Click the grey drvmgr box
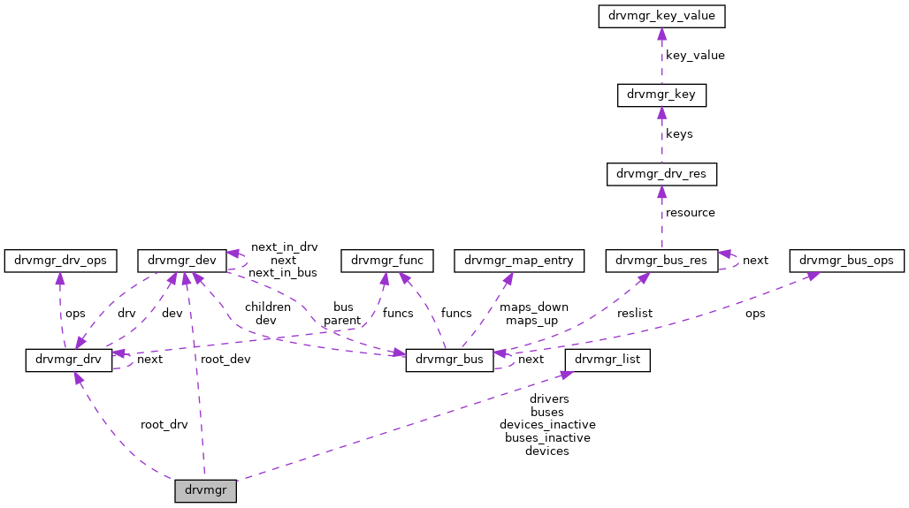pyautogui.click(x=205, y=491)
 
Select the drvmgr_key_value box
pyautogui.click(x=662, y=16)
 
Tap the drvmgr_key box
pyautogui.click(x=661, y=95)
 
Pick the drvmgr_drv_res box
pyautogui.click(x=661, y=174)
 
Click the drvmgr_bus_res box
pyautogui.click(x=661, y=261)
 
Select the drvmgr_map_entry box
pyautogui.click(x=519, y=261)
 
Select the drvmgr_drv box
pyautogui.click(x=68, y=360)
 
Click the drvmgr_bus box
pyautogui.click(x=449, y=360)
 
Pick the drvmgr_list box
pyautogui.click(x=608, y=360)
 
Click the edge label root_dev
pyautogui.click(x=225, y=360)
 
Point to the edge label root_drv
pyautogui.click(x=164, y=424)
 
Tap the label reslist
pyautogui.click(x=635, y=313)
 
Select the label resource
pyautogui.click(x=690, y=213)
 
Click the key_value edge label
pyautogui.click(x=694, y=56)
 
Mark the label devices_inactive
pyautogui.click(x=546, y=424)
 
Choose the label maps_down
pyautogui.click(x=533, y=307)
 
